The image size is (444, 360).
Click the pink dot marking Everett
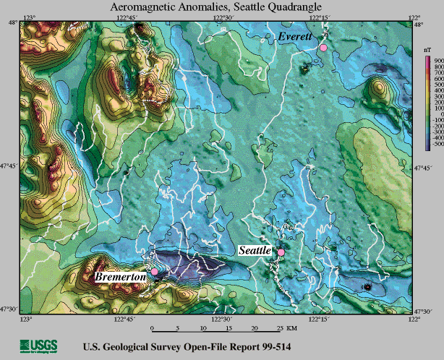pos(323,47)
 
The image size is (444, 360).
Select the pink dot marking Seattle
pos(281,252)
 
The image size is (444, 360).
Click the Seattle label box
pos(255,250)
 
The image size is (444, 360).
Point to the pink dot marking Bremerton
pos(154,271)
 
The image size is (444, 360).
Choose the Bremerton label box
pos(120,276)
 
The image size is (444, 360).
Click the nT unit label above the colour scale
pos(427,52)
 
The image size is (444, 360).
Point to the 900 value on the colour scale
pos(435,60)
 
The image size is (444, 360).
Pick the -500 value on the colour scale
pos(435,145)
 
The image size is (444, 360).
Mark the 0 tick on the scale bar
pos(152,327)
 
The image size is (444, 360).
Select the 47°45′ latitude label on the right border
pos(430,167)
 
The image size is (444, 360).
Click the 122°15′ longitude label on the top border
pos(320,16)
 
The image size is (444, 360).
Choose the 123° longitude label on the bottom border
pos(27,318)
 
